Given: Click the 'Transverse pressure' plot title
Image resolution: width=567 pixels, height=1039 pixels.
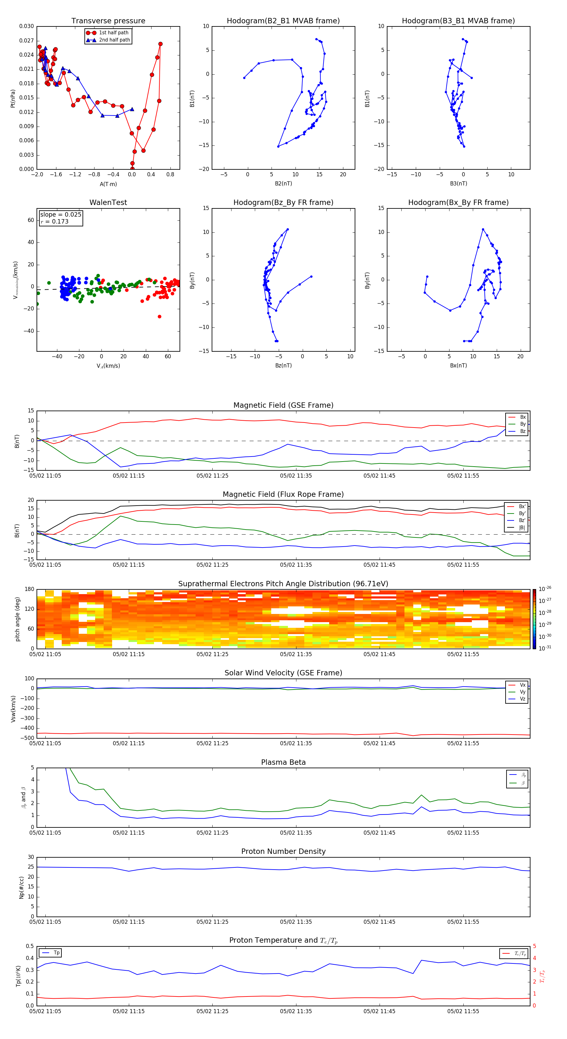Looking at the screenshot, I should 108,21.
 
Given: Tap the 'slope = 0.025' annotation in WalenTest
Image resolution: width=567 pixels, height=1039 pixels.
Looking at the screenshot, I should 60,215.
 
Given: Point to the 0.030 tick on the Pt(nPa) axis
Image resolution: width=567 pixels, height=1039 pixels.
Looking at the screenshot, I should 27,26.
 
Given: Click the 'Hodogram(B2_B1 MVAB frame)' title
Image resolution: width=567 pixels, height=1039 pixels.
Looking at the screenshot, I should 283,21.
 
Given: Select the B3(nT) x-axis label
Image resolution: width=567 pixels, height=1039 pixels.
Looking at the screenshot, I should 458,184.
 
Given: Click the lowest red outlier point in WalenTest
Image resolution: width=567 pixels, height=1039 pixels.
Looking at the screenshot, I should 159,317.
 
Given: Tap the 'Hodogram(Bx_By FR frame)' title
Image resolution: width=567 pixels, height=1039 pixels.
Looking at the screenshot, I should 458,202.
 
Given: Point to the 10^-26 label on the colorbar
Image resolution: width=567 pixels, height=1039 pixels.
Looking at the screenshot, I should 545,589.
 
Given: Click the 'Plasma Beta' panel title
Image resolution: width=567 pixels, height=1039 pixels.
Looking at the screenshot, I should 283,762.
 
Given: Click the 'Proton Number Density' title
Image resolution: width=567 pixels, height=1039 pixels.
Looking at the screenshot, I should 283,851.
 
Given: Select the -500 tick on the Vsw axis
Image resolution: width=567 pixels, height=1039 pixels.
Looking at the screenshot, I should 28,738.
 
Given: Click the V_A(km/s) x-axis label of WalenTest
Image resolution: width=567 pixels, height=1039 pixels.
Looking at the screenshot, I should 108,366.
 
